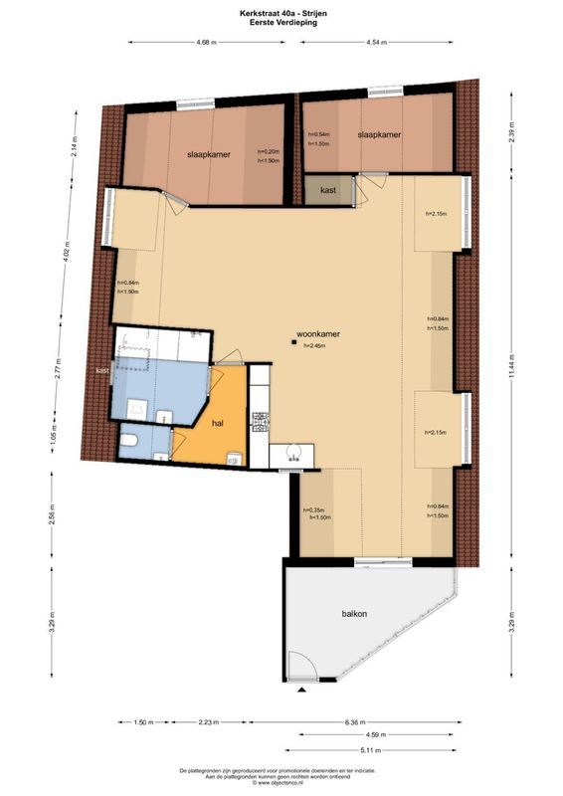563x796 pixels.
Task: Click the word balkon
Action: point(352,614)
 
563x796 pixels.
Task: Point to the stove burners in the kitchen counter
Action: point(261,422)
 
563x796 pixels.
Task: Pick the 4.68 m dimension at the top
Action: point(206,43)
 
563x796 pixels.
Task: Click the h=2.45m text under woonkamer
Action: point(318,345)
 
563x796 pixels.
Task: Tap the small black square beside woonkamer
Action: point(293,343)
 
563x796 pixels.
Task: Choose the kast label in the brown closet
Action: point(328,188)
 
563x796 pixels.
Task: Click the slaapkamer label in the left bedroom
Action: point(206,153)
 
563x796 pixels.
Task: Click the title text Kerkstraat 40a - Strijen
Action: point(281,11)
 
